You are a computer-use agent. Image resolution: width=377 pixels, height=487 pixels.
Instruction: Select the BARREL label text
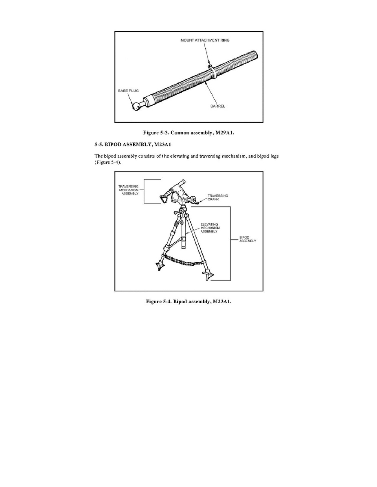pyautogui.click(x=218, y=106)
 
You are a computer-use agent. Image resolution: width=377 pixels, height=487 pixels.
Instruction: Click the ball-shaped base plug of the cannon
pyautogui.click(x=136, y=107)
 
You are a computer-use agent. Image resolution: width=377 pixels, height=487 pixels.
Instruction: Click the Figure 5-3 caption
pyautogui.click(x=188, y=133)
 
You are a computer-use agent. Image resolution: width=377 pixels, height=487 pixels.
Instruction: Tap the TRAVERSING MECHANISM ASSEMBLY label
pyautogui.click(x=129, y=190)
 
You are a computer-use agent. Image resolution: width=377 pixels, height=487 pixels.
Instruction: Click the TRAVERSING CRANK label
pyautogui.click(x=218, y=197)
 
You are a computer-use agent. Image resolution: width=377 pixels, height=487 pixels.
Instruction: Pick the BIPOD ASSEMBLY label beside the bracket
pyautogui.click(x=248, y=239)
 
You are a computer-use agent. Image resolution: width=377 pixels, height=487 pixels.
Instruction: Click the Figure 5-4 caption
pyautogui.click(x=188, y=301)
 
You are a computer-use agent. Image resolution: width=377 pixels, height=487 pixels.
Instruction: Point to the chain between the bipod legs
pyautogui.click(x=183, y=261)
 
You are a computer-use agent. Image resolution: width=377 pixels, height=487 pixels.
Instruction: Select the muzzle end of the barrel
pyautogui.click(x=255, y=54)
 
